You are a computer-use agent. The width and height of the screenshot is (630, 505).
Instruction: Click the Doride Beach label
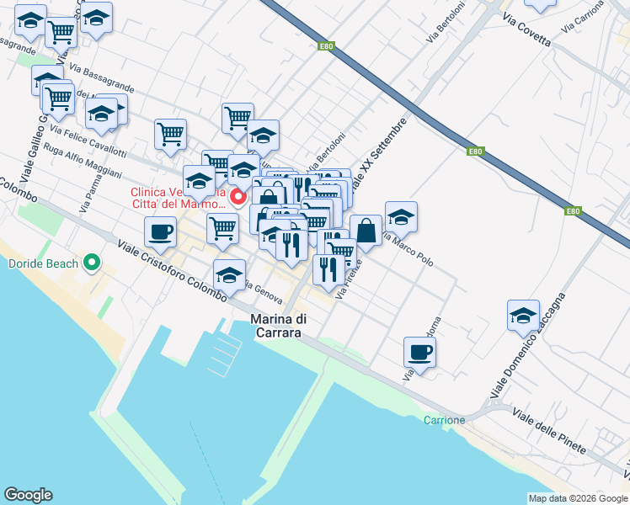[43, 263]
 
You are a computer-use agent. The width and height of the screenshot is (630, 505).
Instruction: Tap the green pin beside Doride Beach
[94, 263]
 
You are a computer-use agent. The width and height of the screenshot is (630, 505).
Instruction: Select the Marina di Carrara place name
[281, 326]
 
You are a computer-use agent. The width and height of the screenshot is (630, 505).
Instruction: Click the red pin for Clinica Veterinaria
[238, 198]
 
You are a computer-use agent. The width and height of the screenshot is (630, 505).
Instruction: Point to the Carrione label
[444, 420]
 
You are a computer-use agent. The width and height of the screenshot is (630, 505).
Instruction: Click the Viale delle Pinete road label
[548, 429]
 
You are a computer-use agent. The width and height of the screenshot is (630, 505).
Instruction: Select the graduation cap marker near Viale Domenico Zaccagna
[523, 315]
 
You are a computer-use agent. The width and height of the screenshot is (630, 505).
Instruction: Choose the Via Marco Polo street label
[408, 248]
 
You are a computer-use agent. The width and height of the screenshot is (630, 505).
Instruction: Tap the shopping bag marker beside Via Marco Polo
[366, 230]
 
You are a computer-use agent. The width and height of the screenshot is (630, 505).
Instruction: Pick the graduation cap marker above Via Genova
[229, 274]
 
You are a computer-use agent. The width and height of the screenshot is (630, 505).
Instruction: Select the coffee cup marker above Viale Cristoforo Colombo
[160, 231]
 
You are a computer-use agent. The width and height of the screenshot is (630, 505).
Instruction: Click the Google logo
[28, 495]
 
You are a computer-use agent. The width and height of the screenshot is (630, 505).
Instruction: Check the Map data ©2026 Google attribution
[578, 498]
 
